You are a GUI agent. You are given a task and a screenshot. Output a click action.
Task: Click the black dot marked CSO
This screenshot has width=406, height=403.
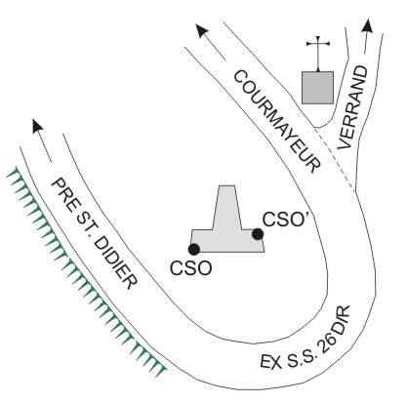point(194,249)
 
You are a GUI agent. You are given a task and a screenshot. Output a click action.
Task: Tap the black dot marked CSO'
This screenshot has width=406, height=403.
point(258,234)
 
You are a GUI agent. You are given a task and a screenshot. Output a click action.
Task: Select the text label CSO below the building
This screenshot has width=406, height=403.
point(191,268)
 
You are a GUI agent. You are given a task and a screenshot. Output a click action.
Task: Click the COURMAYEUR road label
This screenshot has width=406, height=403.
point(277,121)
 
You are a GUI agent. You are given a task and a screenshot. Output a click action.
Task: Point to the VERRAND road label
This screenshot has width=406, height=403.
point(352,107)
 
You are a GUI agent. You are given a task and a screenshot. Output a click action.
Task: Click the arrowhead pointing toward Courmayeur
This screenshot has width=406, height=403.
point(201,30)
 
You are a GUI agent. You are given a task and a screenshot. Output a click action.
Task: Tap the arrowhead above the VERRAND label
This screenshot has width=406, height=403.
point(368,25)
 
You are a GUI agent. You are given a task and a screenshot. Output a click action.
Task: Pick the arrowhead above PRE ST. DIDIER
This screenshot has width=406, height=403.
point(37,126)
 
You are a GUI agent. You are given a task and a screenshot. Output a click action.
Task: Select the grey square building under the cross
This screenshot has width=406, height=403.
point(317,88)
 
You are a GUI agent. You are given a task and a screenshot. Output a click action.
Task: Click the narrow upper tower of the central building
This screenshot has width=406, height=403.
point(227,207)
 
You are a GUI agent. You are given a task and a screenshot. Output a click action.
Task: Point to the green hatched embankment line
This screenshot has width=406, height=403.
point(86,272)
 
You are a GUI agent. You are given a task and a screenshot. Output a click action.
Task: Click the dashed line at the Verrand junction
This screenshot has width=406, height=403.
point(335,160)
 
